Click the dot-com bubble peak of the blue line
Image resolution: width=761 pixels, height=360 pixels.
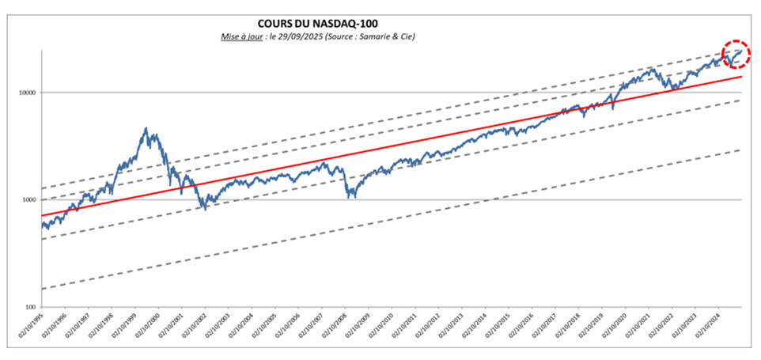[x=146, y=128]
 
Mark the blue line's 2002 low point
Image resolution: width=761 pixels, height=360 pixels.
[x=205, y=209]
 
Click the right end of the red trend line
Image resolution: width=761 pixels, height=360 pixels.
[x=741, y=77]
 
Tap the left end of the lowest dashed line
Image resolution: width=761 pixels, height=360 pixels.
[x=42, y=289]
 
